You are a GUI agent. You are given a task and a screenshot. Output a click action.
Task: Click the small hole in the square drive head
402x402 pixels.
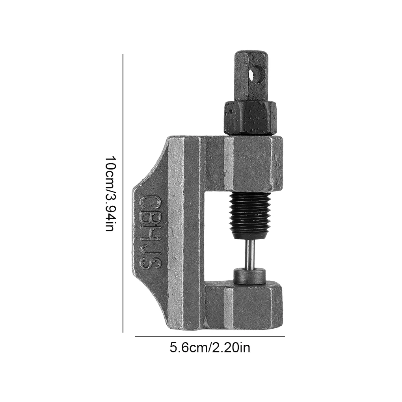[257, 74]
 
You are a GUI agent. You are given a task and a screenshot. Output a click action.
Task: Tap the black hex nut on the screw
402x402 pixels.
[250, 117]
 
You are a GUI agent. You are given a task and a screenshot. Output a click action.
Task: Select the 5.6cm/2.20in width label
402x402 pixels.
[210, 348]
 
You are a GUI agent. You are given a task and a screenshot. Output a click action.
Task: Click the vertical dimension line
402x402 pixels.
[123, 193]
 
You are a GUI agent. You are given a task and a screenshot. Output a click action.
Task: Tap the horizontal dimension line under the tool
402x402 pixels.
[210, 336]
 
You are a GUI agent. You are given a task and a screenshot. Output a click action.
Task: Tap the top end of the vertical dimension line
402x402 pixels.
[123, 55]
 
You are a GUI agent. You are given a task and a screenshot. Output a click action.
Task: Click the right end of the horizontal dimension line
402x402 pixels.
[284, 336]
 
